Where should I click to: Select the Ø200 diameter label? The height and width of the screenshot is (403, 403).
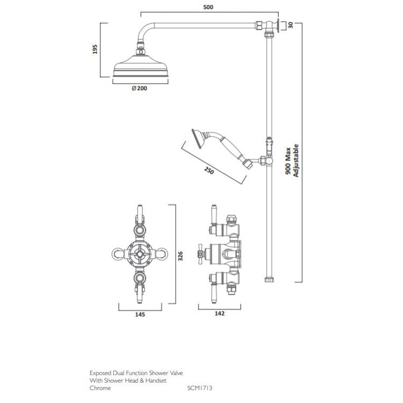(139, 89)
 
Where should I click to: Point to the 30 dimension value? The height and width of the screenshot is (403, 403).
(291, 25)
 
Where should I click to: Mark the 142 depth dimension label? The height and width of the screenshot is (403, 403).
(219, 314)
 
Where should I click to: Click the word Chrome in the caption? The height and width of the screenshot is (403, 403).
(100, 387)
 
